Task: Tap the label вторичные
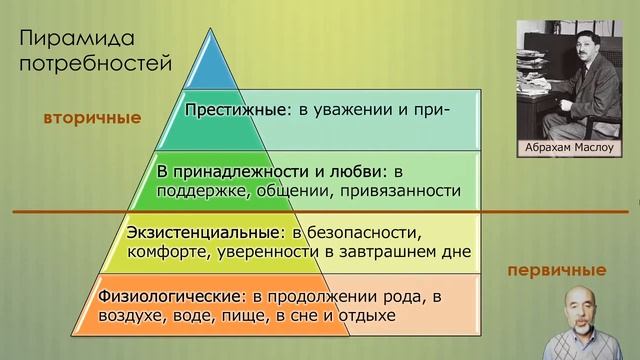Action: [92, 118]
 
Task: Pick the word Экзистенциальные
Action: [203, 233]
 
